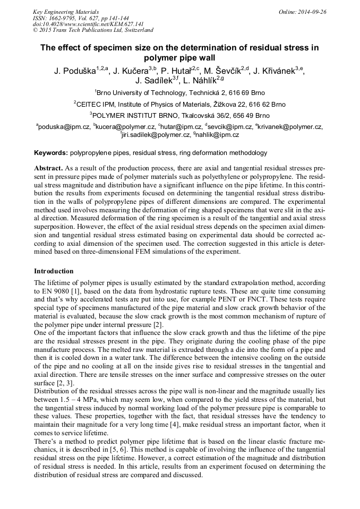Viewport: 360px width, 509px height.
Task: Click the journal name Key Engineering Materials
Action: [66, 11]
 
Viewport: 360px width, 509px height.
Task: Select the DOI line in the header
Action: [88, 24]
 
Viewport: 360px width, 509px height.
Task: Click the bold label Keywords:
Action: [51, 153]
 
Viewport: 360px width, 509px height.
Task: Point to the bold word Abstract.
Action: [49, 168]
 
